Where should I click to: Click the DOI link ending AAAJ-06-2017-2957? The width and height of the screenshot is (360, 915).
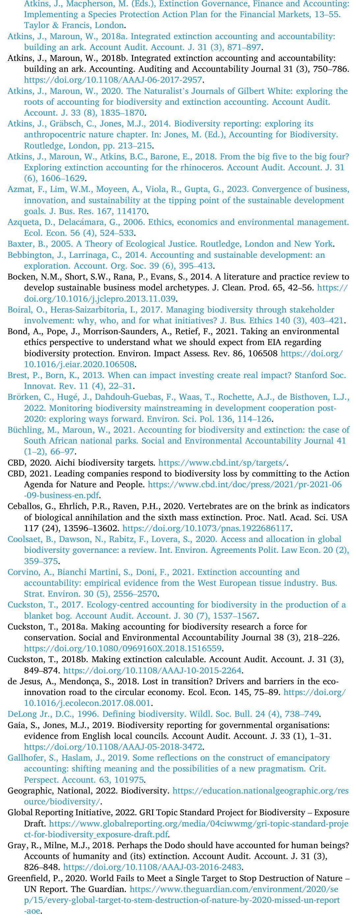point(113,80)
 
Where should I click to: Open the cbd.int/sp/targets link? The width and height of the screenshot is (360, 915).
point(222,463)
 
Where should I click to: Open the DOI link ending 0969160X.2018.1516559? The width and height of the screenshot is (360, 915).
point(123,648)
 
